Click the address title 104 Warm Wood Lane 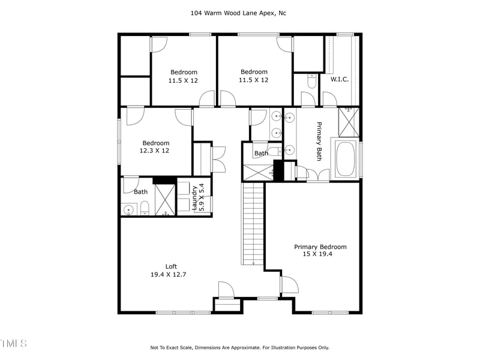pyautogui.click(x=239, y=12)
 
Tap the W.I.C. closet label pyautogui.click(x=340, y=79)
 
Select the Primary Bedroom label pyautogui.click(x=320, y=247)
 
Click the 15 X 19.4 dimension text pyautogui.click(x=318, y=254)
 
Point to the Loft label pyautogui.click(x=172, y=267)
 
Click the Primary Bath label pyautogui.click(x=319, y=142)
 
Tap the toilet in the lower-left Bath pyautogui.click(x=145, y=208)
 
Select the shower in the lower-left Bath pyautogui.click(x=165, y=199)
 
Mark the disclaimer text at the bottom pyautogui.click(x=239, y=347)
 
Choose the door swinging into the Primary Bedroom pyautogui.click(x=289, y=284)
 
